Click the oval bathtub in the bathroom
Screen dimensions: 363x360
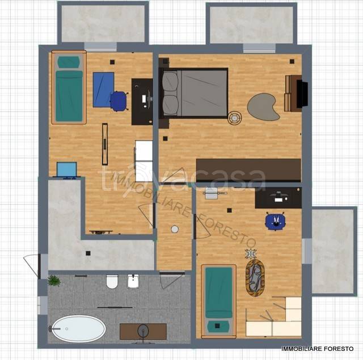[x=78, y=329]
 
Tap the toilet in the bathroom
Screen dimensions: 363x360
[x=112, y=282]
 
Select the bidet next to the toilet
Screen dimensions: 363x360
[x=133, y=281]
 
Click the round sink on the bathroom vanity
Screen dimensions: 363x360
[x=143, y=331]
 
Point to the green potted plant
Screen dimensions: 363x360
[x=54, y=281]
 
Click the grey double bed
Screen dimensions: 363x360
[x=193, y=93]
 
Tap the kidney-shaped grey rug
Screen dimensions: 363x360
[x=263, y=107]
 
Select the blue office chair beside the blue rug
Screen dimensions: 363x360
[x=119, y=101]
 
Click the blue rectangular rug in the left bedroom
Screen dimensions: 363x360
[x=103, y=90]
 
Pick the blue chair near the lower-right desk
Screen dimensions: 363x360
[x=275, y=221]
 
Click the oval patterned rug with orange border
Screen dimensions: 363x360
[x=255, y=278]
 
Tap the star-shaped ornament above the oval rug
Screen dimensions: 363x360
[x=251, y=253]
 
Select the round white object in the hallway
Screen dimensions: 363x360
[x=175, y=229]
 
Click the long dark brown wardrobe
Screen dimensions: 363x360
[x=248, y=170]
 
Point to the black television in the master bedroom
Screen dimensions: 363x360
[x=302, y=94]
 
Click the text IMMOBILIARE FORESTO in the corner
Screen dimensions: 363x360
[x=318, y=349]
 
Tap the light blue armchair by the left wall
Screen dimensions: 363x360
[x=67, y=170]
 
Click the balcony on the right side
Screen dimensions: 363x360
[x=333, y=252]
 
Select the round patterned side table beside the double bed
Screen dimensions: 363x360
[x=234, y=118]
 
